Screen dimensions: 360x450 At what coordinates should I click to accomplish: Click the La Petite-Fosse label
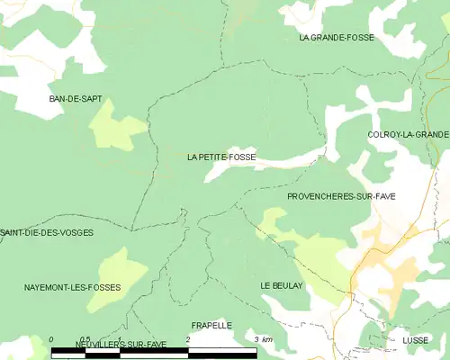pos(221,157)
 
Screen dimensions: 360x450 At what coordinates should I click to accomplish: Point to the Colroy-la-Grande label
pos(408,134)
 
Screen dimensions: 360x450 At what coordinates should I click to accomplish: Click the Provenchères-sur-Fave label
pos(341,195)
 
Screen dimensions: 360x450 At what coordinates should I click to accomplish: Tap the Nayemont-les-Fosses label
pos(73,287)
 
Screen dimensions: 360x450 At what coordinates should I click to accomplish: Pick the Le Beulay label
pos(282,285)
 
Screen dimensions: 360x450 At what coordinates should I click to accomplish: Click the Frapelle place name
pos(211,325)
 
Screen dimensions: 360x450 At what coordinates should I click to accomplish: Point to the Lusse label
pos(416,341)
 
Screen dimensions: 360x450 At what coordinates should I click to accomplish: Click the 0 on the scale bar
pos(51,339)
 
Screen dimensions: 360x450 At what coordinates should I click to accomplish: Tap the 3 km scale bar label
pos(263,339)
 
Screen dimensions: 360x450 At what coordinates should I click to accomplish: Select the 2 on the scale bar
pos(187,339)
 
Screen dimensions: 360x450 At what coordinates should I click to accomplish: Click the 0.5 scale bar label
pos(85,339)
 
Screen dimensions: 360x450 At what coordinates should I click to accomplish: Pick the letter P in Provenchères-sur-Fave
pos(290,195)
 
